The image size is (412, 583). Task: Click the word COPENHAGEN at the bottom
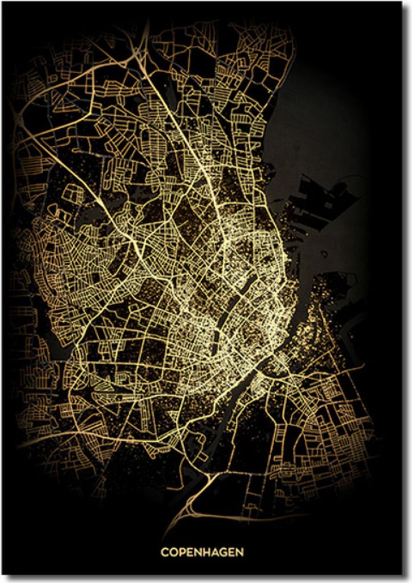click(202, 552)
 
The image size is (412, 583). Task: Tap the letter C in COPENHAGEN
click(164, 552)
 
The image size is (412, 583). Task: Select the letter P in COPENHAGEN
click(182, 552)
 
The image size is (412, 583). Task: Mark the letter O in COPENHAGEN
click(173, 552)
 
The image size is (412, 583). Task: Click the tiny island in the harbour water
click(324, 254)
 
